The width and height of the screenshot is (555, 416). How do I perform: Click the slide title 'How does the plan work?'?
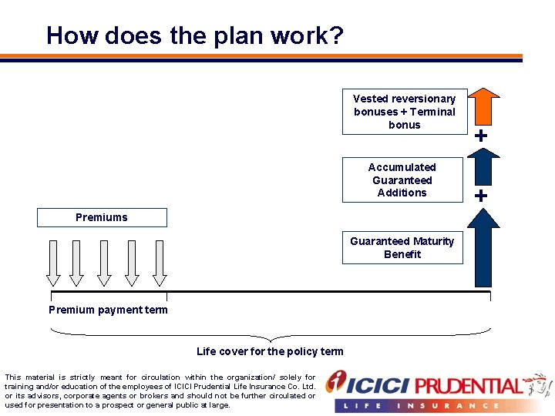point(195,36)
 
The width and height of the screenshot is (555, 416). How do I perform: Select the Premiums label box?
point(102,217)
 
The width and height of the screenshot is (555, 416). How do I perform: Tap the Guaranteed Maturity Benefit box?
point(402,247)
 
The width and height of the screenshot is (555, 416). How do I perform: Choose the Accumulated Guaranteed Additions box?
point(402,179)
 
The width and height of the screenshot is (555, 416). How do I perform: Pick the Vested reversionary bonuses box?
point(405,111)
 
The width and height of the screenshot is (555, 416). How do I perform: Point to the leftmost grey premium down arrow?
point(52,262)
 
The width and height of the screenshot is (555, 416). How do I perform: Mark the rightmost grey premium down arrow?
point(160,262)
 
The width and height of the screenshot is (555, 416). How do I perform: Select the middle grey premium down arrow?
point(105,262)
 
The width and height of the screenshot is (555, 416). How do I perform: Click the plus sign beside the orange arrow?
point(481,136)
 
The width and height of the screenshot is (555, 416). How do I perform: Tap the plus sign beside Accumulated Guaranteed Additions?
point(481,196)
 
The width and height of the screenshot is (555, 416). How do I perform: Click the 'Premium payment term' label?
point(108,310)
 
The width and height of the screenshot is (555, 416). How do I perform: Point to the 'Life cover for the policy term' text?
point(270,351)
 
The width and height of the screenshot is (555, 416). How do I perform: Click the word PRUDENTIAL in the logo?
point(469,385)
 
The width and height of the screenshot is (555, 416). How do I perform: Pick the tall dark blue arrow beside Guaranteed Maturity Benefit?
point(483,247)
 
